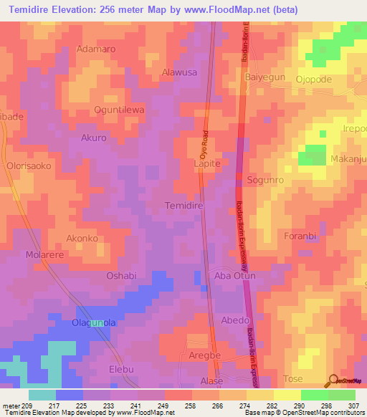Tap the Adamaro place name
coord(95,49)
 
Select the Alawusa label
coord(180,72)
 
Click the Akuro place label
coord(94,138)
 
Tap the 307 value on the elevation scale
coord(354,405)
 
